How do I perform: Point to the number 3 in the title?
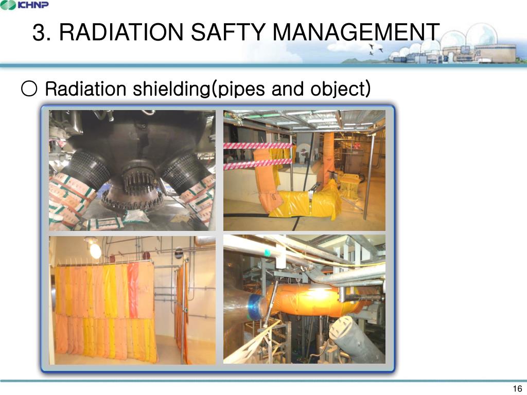point(39,33)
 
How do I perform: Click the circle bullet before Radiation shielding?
point(29,89)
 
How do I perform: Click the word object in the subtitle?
point(339,89)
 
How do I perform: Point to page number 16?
point(517,388)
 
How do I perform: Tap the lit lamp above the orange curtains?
point(95,250)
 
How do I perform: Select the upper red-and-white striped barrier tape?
point(257,146)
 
